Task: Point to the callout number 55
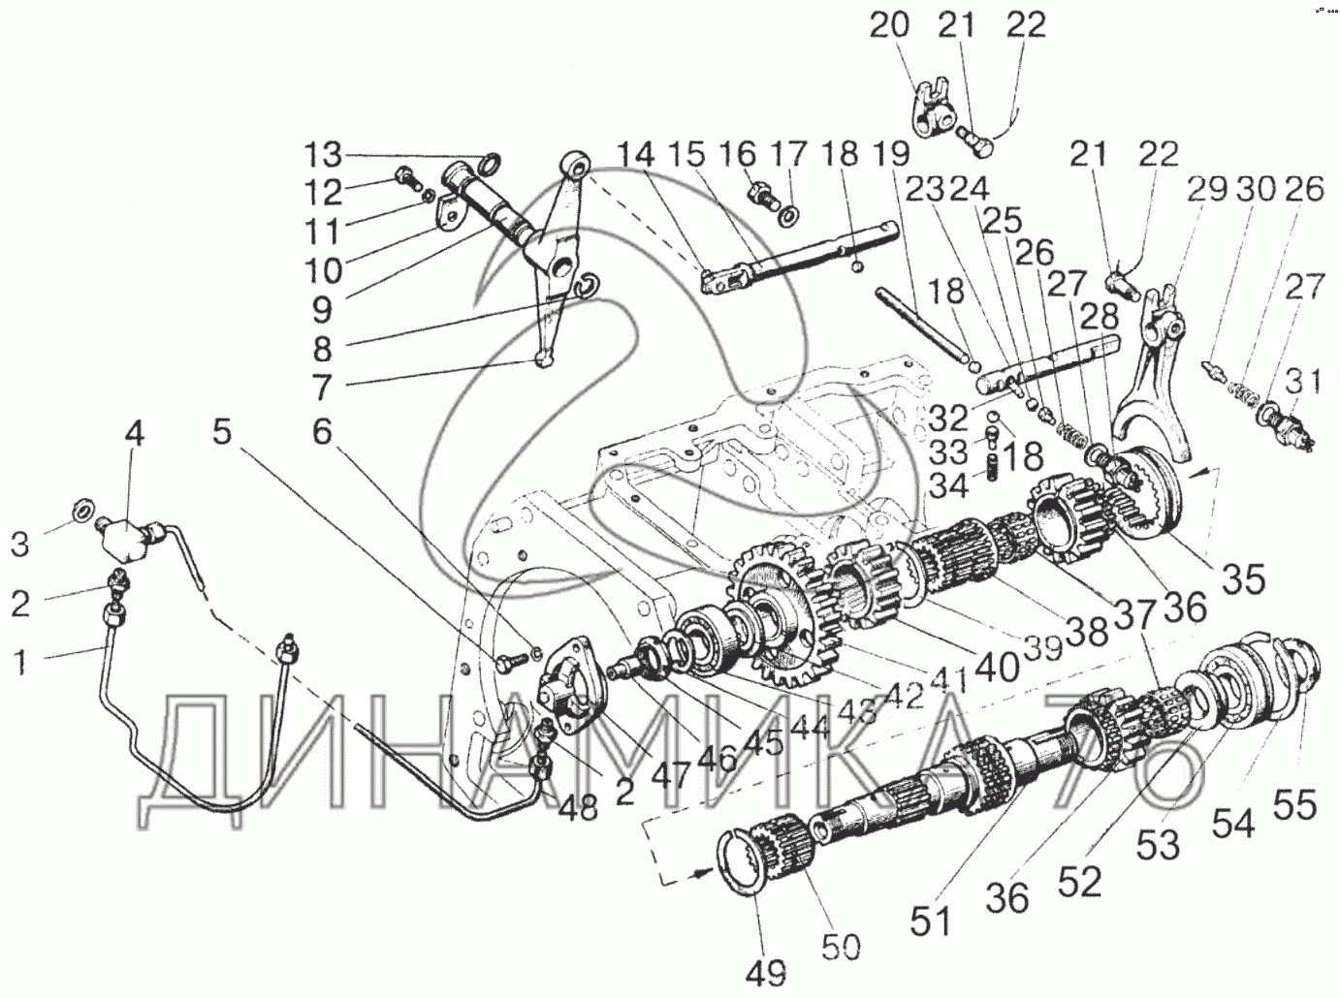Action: [1295, 804]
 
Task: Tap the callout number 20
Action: [889, 26]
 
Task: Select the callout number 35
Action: [1243, 578]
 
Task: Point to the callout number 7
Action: [321, 388]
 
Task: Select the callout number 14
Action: [633, 155]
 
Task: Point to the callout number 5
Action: [224, 433]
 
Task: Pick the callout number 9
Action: [321, 309]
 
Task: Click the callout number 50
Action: [841, 946]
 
